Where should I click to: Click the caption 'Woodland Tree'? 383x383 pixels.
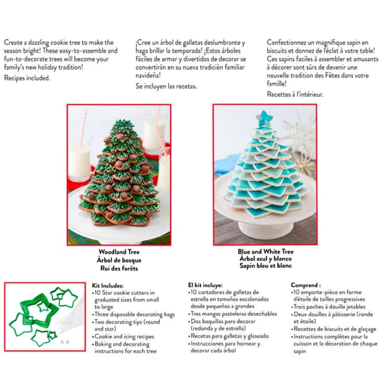point(119,252)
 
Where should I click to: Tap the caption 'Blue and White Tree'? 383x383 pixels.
point(266,252)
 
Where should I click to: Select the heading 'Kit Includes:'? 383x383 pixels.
point(108,286)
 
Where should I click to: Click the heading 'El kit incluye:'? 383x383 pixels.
point(205,285)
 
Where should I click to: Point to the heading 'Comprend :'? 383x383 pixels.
point(306,285)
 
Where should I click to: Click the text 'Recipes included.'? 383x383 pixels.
point(27,78)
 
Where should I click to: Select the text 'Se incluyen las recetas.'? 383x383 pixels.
point(166,86)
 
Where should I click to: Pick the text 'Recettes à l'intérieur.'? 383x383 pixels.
point(295,94)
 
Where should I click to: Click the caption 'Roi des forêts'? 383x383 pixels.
point(119,269)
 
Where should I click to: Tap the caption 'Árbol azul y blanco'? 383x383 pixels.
point(266,259)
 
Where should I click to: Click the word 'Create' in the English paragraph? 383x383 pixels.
point(14,43)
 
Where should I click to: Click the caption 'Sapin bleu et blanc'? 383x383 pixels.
point(266,266)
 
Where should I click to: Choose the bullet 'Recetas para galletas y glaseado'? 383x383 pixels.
point(230,336)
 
